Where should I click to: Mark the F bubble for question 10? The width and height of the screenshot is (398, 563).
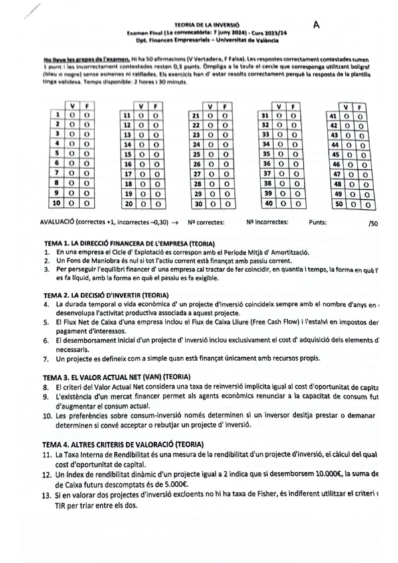tap(86, 203)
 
